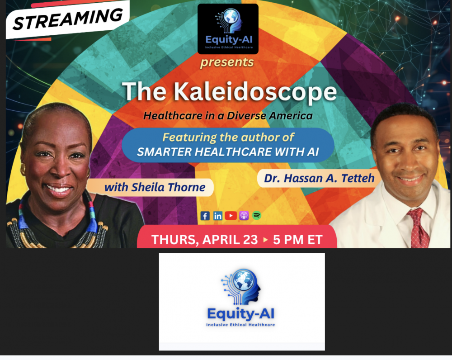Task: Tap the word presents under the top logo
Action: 227,62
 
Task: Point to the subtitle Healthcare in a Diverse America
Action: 228,116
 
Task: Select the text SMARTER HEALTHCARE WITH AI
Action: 228,152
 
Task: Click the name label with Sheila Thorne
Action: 155,187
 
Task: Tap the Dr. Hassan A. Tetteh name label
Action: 319,178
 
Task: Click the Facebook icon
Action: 205,216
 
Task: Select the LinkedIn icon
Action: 218,216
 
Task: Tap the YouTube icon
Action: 231,216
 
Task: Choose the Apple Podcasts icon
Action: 244,216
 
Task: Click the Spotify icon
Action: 257,216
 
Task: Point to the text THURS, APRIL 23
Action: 204,239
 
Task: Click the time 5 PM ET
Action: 297,239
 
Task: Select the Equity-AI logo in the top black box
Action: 228,28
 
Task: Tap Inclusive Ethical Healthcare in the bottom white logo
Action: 240,325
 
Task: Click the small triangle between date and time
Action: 266,240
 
